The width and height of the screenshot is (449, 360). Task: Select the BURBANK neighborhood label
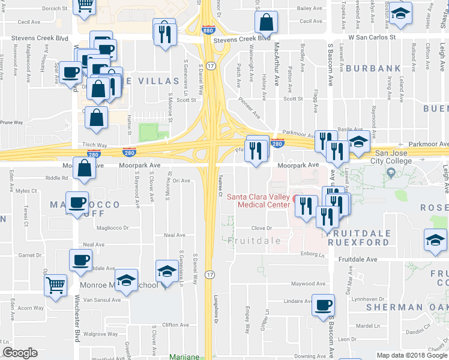click(x=373, y=68)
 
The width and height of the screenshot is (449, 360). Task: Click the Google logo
click(x=20, y=353)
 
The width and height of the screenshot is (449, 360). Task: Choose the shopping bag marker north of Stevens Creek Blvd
click(x=265, y=22)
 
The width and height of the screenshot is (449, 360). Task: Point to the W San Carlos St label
click(x=373, y=37)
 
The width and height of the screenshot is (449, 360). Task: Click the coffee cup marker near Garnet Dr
click(x=81, y=260)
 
